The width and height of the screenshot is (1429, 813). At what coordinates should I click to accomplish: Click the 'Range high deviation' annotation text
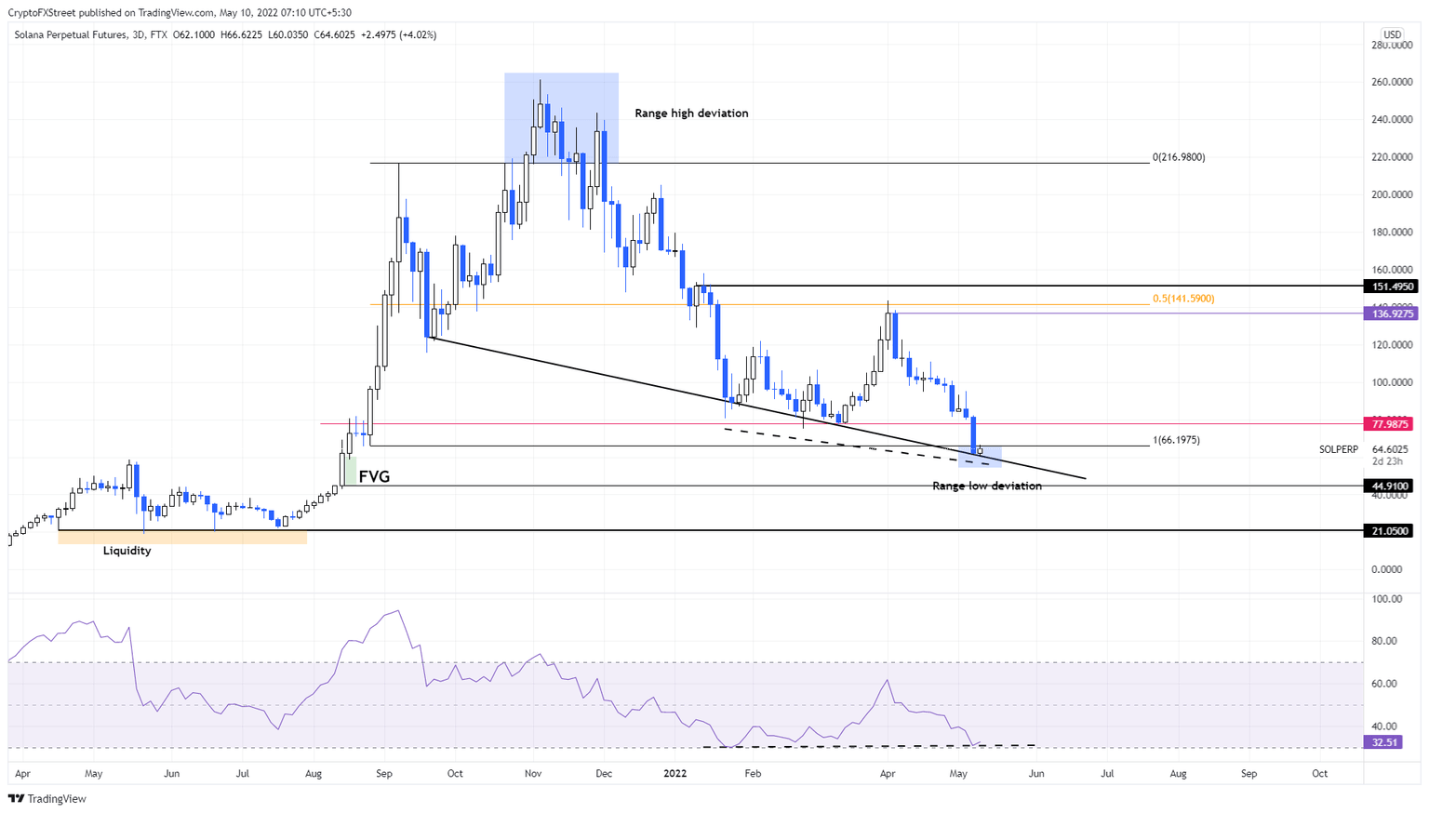point(691,113)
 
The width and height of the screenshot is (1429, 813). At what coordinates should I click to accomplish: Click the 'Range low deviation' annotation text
point(986,486)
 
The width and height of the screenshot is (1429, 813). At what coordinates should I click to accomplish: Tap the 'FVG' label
point(374,477)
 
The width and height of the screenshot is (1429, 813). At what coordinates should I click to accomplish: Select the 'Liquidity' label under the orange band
point(127,551)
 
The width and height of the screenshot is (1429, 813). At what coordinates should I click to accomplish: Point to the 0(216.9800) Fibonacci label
point(1179,157)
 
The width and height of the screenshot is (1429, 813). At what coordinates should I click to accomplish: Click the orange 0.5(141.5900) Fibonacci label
point(1183,299)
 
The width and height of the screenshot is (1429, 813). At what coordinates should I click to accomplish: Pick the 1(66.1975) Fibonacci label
point(1176,440)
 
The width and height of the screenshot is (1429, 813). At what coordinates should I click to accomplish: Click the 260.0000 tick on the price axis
point(1392,82)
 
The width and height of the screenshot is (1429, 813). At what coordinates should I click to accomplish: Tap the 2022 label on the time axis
point(675,773)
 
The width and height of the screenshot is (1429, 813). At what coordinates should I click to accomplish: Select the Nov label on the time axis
point(533,773)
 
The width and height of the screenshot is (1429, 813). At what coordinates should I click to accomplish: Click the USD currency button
point(1392,34)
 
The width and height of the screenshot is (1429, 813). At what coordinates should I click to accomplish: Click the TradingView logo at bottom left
point(47,798)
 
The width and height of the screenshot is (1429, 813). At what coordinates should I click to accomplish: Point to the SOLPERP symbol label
point(1338,449)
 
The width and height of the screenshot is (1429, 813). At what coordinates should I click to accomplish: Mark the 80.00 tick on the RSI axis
point(1387,641)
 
